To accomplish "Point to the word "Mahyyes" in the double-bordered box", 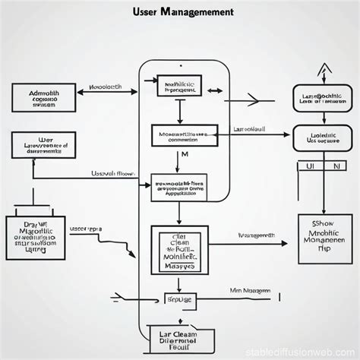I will pyautogui.click(x=180, y=266).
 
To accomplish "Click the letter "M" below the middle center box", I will pyautogui.click(x=185, y=155).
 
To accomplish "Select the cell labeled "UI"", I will pyautogui.click(x=309, y=165).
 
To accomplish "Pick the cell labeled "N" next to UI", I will pyautogui.click(x=334, y=165).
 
